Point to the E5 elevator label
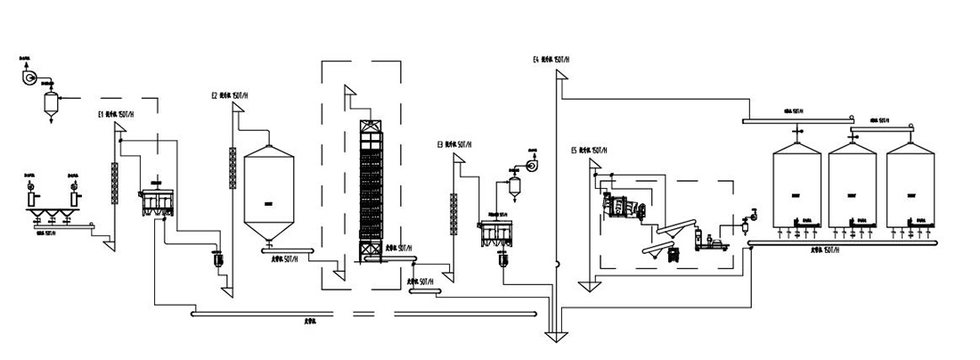(x=590, y=151)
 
